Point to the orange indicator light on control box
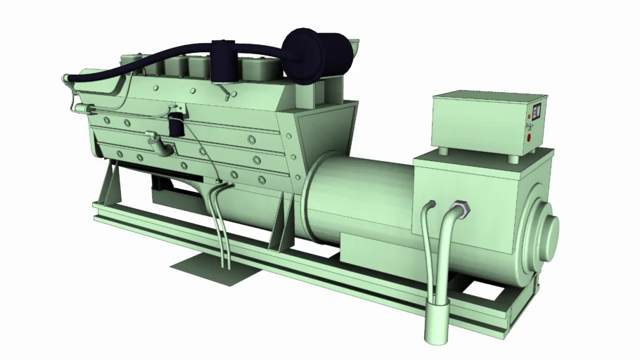(528, 126)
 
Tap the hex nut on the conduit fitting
(461, 209)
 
